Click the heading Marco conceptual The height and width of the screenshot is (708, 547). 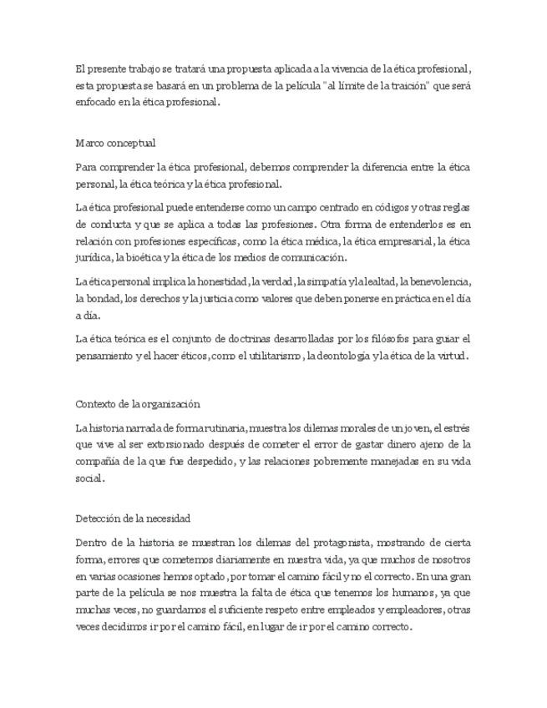point(115,143)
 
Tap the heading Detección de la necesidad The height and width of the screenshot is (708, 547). point(133,518)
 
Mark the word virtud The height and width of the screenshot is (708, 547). point(450,356)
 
